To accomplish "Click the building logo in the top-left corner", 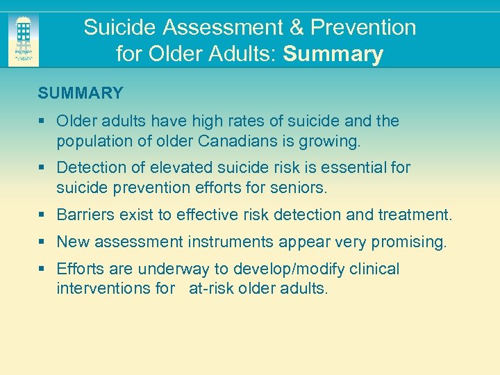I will [23, 39].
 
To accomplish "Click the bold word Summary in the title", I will [333, 53].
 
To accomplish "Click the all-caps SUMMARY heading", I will [81, 93].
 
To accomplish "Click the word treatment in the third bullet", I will [415, 215].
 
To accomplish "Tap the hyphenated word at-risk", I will [212, 287].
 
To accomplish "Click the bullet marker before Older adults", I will [42, 122].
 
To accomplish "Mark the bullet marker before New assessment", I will [42, 242].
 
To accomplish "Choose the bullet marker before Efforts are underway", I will [42, 269].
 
